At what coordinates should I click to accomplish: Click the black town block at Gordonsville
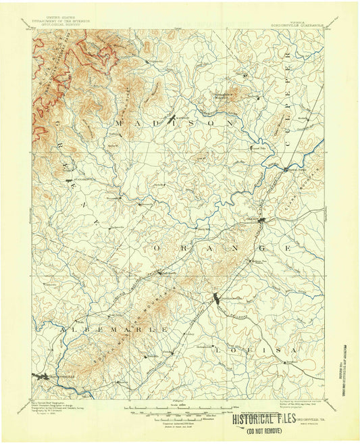(x=216, y=299)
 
